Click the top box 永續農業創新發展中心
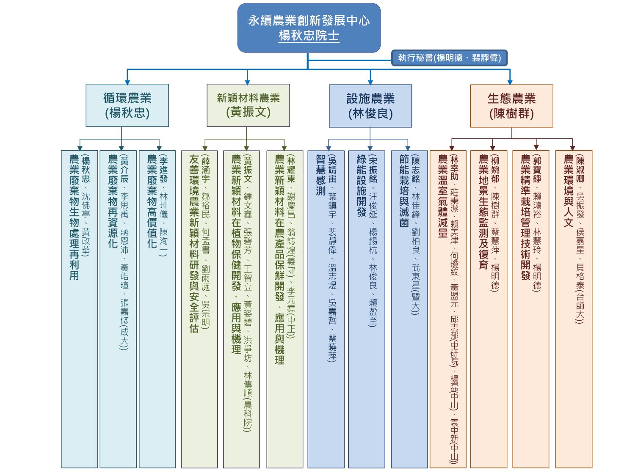[309, 28]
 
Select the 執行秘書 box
[449, 58]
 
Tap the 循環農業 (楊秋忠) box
[127, 105]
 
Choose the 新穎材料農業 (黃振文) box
[248, 105]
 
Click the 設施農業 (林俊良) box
[370, 106]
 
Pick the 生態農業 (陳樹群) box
[511, 106]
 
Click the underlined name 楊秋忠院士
[309, 36]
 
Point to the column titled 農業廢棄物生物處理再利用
[79, 309]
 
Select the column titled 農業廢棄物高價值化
[157, 309]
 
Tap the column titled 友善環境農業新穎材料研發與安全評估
[199, 309]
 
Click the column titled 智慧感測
[326, 309]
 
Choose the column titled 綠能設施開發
[367, 309]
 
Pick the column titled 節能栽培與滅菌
[409, 309]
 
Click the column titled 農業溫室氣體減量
[448, 309]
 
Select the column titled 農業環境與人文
[574, 309]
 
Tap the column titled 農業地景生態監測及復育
[489, 309]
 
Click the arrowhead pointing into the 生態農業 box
[510, 83]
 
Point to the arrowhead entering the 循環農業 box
[127, 82]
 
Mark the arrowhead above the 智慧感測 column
[329, 148]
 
